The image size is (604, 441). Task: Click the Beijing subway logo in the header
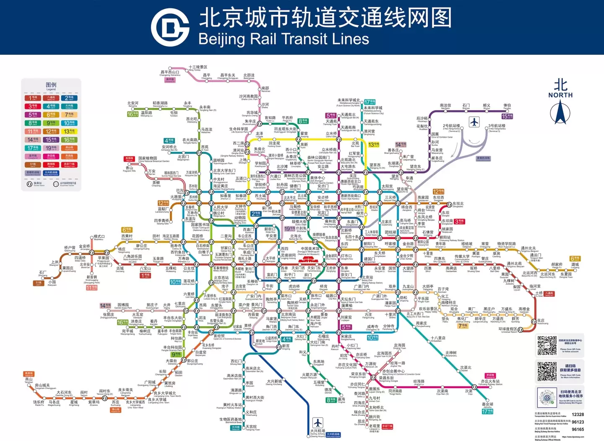[170, 27]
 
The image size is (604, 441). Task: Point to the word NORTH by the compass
[560, 95]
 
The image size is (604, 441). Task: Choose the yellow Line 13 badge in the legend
[69, 131]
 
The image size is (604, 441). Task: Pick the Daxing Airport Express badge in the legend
[51, 173]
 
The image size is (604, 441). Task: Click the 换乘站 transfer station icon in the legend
[29, 184]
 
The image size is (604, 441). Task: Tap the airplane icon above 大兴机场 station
[318, 422]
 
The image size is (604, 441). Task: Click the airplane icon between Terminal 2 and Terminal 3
[474, 122]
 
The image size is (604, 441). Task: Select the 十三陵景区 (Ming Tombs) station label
[198, 67]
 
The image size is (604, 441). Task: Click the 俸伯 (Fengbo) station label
[507, 106]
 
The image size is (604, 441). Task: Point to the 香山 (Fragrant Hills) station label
[129, 168]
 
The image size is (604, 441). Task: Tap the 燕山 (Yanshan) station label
[29, 379]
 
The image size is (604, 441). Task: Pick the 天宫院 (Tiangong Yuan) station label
[251, 427]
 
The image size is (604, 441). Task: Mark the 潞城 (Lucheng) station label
[575, 265]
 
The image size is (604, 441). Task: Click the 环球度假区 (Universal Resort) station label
[508, 329]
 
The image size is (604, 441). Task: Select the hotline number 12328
[578, 415]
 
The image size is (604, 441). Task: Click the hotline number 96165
[578, 429]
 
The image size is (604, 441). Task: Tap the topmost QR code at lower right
[547, 345]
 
